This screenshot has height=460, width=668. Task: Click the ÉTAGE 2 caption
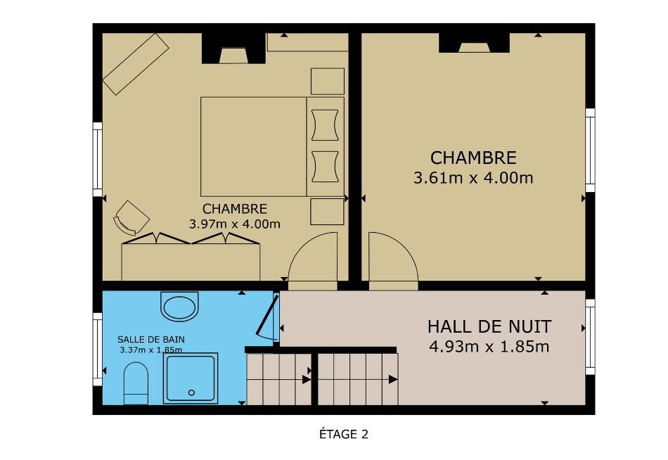pyautogui.click(x=343, y=434)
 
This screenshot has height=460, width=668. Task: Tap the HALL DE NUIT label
pyautogui.click(x=489, y=327)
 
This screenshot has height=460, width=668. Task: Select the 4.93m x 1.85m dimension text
pyautogui.click(x=489, y=347)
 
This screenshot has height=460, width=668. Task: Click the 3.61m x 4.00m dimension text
pyautogui.click(x=473, y=177)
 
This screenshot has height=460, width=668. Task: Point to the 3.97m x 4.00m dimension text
pyautogui.click(x=235, y=224)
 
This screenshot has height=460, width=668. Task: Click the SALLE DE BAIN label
pyautogui.click(x=151, y=339)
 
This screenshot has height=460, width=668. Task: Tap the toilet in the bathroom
pyautogui.click(x=136, y=383)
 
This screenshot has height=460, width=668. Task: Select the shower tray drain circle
pyautogui.click(x=191, y=392)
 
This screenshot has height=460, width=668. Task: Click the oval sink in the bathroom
pyautogui.click(x=179, y=307)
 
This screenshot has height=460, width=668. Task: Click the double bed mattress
pyautogui.click(x=253, y=147)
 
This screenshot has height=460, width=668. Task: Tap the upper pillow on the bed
pyautogui.click(x=325, y=125)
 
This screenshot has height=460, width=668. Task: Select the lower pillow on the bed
pyautogui.click(x=325, y=166)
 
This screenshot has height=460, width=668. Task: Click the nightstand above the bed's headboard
pyautogui.click(x=328, y=82)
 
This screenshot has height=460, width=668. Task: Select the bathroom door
pyautogui.click(x=267, y=316)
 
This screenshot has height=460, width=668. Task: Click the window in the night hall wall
pyautogui.click(x=590, y=337)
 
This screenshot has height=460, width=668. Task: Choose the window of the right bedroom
pyautogui.click(x=590, y=150)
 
